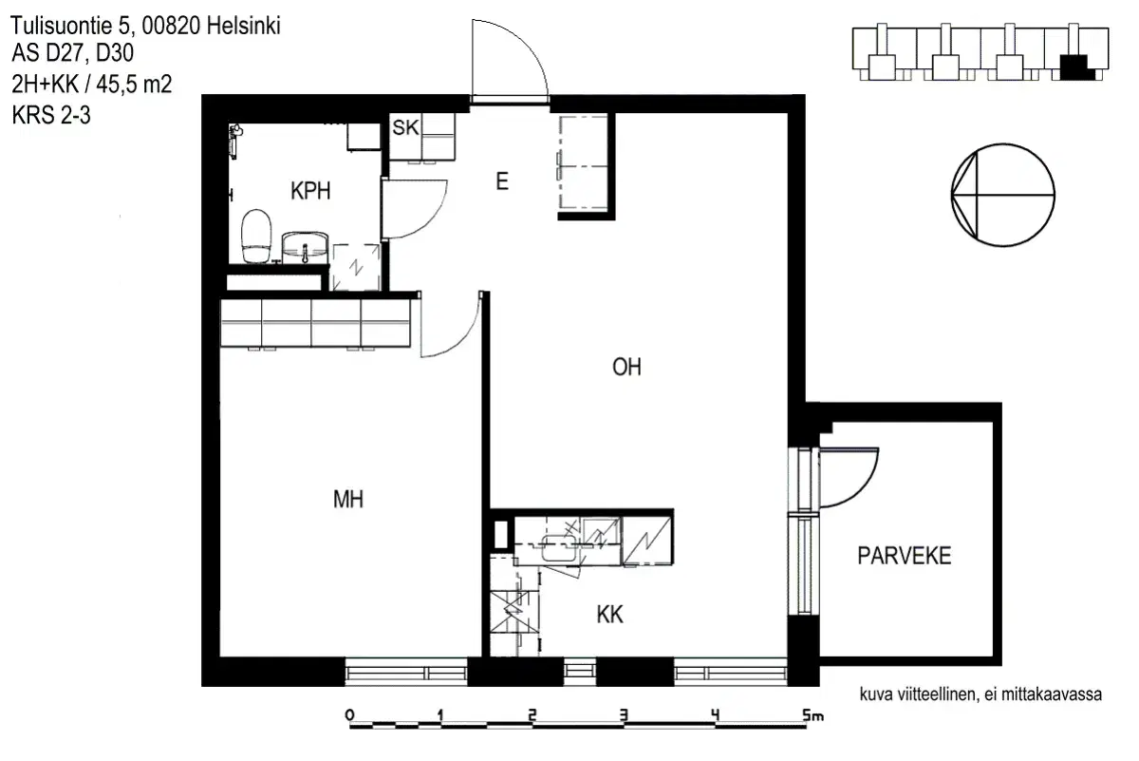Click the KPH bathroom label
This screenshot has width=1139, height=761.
(x=310, y=191)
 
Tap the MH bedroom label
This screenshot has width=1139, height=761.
(x=348, y=498)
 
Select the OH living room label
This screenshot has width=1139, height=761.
(x=626, y=368)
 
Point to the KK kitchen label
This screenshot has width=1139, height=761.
(x=609, y=616)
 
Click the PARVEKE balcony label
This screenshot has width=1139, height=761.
(x=904, y=556)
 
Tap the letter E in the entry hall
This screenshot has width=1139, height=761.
(x=501, y=181)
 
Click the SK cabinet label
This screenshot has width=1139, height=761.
(x=405, y=129)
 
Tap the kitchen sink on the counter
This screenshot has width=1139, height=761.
(x=558, y=543)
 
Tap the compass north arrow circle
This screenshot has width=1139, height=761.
(x=1002, y=195)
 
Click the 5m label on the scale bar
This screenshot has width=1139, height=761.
(x=812, y=714)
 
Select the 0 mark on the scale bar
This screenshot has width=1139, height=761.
(x=349, y=714)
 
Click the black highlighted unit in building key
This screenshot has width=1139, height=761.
(x=1074, y=67)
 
